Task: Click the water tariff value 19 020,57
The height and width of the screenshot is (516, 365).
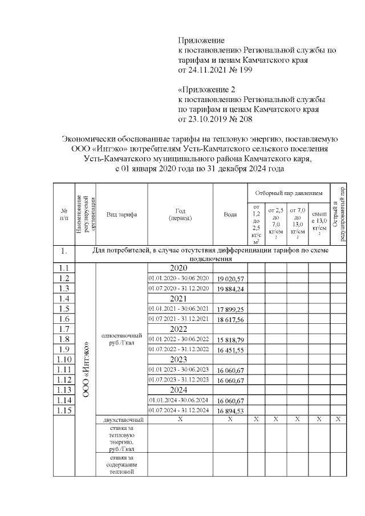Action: pyautogui.click(x=230, y=278)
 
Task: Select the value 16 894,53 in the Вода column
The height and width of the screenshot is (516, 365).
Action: pyautogui.click(x=230, y=411)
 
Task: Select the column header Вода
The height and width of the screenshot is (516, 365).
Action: pyautogui.click(x=230, y=214)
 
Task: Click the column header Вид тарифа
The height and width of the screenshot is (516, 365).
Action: pyautogui.click(x=121, y=214)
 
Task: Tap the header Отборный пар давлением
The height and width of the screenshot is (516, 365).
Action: pyautogui.click(x=289, y=193)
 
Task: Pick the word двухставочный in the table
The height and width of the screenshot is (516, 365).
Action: pyautogui.click(x=121, y=420)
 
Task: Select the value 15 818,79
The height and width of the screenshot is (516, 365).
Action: pyautogui.click(x=230, y=339)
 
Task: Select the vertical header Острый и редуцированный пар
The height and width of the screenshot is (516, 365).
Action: pyautogui.click(x=339, y=214)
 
